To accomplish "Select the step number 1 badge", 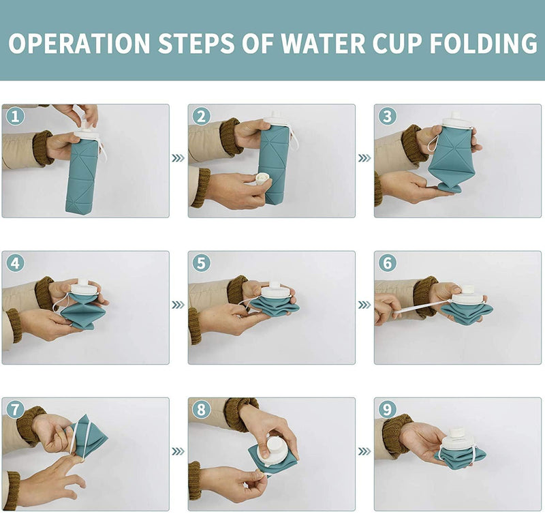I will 15,116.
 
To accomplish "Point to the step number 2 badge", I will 201,116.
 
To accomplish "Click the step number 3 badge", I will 387,116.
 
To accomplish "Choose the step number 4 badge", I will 15,263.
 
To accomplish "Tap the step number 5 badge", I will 201,263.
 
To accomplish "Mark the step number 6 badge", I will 387,263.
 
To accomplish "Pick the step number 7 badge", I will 15,410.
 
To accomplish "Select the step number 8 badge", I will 201,410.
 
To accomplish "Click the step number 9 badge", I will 387,410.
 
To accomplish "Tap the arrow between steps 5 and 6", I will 364,305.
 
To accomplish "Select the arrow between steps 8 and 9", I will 364,451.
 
